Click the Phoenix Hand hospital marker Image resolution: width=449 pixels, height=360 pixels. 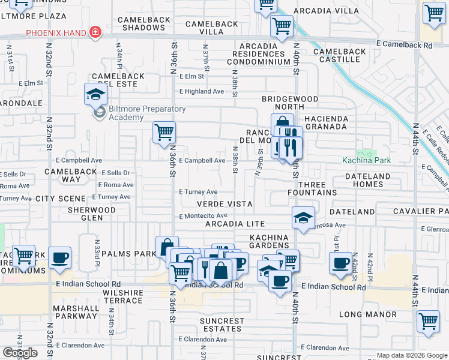(94, 32)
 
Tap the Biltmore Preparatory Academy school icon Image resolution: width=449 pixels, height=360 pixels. (95, 95)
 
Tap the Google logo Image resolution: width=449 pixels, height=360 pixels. (20, 352)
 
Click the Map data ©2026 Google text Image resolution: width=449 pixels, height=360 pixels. (412, 355)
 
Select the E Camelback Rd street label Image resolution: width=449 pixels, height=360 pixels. (404, 44)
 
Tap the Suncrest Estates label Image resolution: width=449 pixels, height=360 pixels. (222, 325)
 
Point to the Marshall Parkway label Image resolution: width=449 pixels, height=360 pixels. (75, 311)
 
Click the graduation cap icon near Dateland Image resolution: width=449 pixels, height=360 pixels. (304, 218)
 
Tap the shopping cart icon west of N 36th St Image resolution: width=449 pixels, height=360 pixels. (164, 133)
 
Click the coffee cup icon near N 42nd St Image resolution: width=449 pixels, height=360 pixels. (341, 262)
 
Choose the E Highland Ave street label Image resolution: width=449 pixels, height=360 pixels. (202, 91)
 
